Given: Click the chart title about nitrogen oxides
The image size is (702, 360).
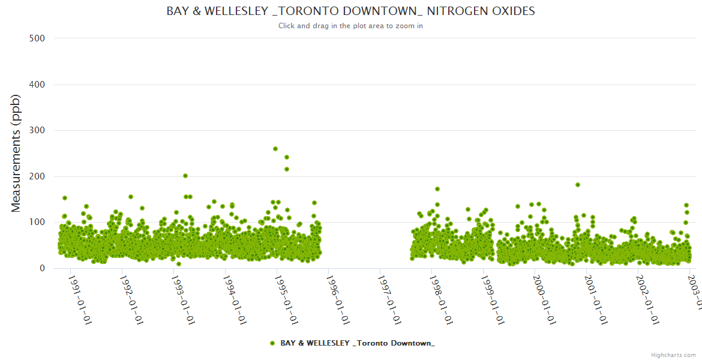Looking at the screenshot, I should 350,11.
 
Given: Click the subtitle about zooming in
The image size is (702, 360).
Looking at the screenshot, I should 350,26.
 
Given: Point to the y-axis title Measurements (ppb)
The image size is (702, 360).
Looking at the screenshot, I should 16,154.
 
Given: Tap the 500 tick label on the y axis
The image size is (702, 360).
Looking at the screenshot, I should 37,38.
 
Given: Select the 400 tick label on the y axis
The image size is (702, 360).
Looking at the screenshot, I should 37,85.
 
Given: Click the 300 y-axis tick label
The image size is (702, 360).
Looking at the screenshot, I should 37,130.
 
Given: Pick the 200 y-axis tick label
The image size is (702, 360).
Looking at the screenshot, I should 37,176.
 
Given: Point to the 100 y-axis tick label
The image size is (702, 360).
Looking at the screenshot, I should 37,223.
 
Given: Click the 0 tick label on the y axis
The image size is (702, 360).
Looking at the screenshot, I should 41,268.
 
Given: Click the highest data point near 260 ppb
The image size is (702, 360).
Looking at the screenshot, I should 275,149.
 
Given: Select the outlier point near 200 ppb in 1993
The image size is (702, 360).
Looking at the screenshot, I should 185,176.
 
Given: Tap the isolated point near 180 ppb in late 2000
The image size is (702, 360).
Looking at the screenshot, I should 578,185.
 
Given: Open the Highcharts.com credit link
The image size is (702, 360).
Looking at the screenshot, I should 673,355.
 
